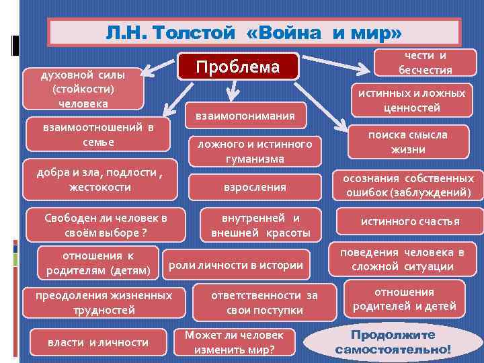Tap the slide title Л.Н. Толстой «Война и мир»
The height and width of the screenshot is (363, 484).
254,32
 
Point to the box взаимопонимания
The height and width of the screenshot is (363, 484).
245,116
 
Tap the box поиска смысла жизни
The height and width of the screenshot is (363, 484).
407,142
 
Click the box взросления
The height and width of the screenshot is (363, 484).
255,187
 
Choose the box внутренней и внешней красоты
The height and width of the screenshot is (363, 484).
261,225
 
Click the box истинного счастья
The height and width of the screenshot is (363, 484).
410,221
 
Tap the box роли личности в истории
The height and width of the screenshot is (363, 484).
235,265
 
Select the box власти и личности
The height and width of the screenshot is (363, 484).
98,342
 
